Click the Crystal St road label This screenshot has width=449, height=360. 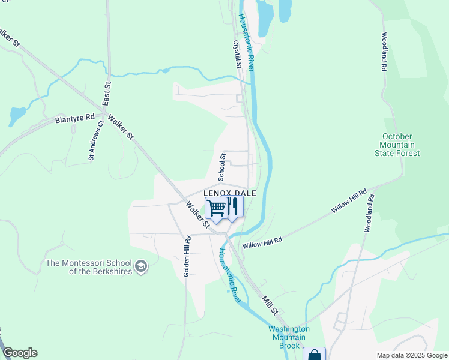coord(237,54)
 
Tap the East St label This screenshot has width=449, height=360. coord(107,93)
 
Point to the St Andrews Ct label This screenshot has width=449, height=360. coord(96,140)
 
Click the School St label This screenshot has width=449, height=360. coord(221,167)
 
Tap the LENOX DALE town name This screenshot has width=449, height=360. coord(231,193)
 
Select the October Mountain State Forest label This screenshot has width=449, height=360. coord(400,145)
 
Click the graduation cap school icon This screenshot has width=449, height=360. coord(141,266)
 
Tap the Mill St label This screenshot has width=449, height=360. coord(270,305)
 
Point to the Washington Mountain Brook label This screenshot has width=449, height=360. coord(289,337)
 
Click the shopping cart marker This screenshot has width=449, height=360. coord(216,208)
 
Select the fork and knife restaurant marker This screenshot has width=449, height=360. coord(234,207)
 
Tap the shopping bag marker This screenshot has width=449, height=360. coord(314,354)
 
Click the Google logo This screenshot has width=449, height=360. coord(20,353)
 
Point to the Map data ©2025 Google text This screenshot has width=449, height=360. coord(411,355)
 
